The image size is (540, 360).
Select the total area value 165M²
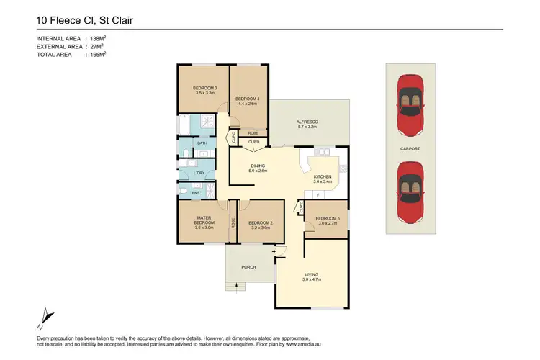(x=99, y=53)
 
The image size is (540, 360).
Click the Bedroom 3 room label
(x=205, y=90)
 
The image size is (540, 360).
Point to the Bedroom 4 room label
(x=248, y=101)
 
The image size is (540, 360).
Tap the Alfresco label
(x=307, y=125)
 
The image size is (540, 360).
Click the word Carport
(x=410, y=148)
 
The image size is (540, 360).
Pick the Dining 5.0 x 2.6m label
(x=258, y=168)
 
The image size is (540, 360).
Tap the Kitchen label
(x=322, y=179)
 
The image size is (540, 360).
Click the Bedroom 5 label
(x=327, y=221)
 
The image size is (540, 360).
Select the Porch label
(x=249, y=267)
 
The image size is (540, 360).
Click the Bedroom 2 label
(x=259, y=225)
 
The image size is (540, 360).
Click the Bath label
(x=202, y=143)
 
